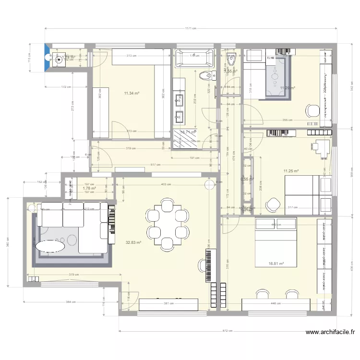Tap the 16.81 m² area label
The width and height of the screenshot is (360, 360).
coord(276,264)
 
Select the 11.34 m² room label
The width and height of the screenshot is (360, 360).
coord(131,93)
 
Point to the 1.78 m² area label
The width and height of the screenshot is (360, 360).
coord(89,189)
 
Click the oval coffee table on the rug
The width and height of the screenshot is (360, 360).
coord(50,246)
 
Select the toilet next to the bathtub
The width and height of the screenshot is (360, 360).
coord(208,75)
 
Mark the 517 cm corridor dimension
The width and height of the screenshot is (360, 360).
coord(155,165)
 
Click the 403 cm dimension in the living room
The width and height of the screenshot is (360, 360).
coord(165,184)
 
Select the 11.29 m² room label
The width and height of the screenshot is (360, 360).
coord(287,88)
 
